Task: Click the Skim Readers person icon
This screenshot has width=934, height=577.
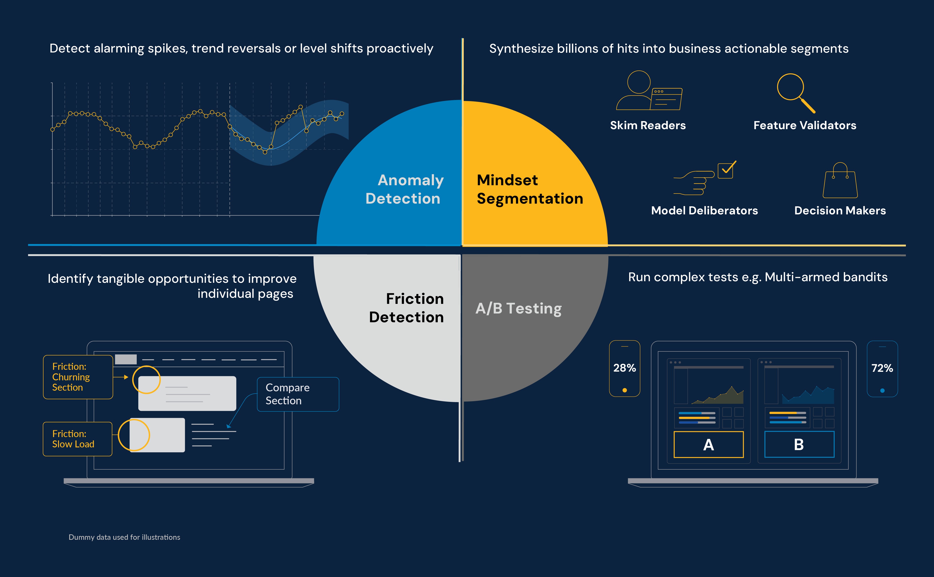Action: pos(648,91)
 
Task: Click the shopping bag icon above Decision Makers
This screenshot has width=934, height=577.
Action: pos(840,181)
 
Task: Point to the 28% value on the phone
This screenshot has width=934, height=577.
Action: pos(624,368)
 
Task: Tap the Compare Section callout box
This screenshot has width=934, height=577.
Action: pos(298,394)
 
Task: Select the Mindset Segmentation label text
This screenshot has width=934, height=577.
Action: pos(530,189)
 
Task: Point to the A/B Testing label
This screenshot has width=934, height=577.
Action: pos(518,308)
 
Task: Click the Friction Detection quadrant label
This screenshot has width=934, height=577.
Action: pos(407,308)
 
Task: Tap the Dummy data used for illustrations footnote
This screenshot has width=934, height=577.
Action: pos(124,537)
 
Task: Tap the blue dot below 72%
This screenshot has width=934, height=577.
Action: pos(882,390)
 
